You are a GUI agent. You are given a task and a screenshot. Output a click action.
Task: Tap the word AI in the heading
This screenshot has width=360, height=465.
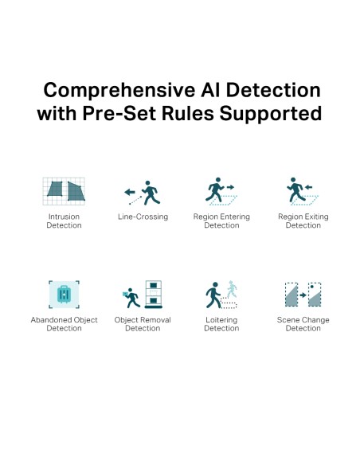[x=210, y=90]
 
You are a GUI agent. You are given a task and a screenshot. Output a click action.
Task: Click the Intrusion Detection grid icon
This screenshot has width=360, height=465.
[x=64, y=191]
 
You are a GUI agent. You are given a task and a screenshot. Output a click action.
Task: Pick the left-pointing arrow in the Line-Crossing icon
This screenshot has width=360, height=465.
[x=130, y=192]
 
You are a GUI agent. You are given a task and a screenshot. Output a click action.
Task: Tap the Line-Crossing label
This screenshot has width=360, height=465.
[x=143, y=217]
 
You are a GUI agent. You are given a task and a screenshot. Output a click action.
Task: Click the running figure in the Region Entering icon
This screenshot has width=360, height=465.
[x=215, y=190]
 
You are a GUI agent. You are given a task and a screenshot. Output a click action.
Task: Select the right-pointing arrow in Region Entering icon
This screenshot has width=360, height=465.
[x=230, y=187]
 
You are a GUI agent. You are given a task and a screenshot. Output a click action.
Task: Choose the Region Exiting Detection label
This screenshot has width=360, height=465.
[x=303, y=221]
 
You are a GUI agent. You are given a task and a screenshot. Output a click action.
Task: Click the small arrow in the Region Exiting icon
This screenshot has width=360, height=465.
[x=308, y=187]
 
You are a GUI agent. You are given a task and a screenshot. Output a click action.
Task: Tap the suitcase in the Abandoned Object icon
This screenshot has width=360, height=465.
[x=64, y=294]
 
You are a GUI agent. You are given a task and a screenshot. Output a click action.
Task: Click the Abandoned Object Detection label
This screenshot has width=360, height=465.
[x=64, y=324]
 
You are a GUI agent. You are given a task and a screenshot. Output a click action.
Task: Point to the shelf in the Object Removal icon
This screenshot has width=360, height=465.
[x=153, y=294]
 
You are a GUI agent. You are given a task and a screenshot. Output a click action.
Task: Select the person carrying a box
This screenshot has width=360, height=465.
[x=131, y=298]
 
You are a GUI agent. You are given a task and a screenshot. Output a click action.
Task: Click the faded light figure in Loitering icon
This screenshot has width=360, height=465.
[x=232, y=289]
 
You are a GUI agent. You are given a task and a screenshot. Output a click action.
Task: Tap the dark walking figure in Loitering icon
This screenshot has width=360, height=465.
[x=213, y=295]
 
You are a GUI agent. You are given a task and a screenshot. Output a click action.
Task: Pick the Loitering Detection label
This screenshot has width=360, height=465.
[x=221, y=324]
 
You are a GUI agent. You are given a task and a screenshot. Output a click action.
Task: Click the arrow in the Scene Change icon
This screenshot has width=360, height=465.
[x=303, y=295]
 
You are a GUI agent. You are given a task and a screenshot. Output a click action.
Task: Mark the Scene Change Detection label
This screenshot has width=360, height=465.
[x=303, y=324]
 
